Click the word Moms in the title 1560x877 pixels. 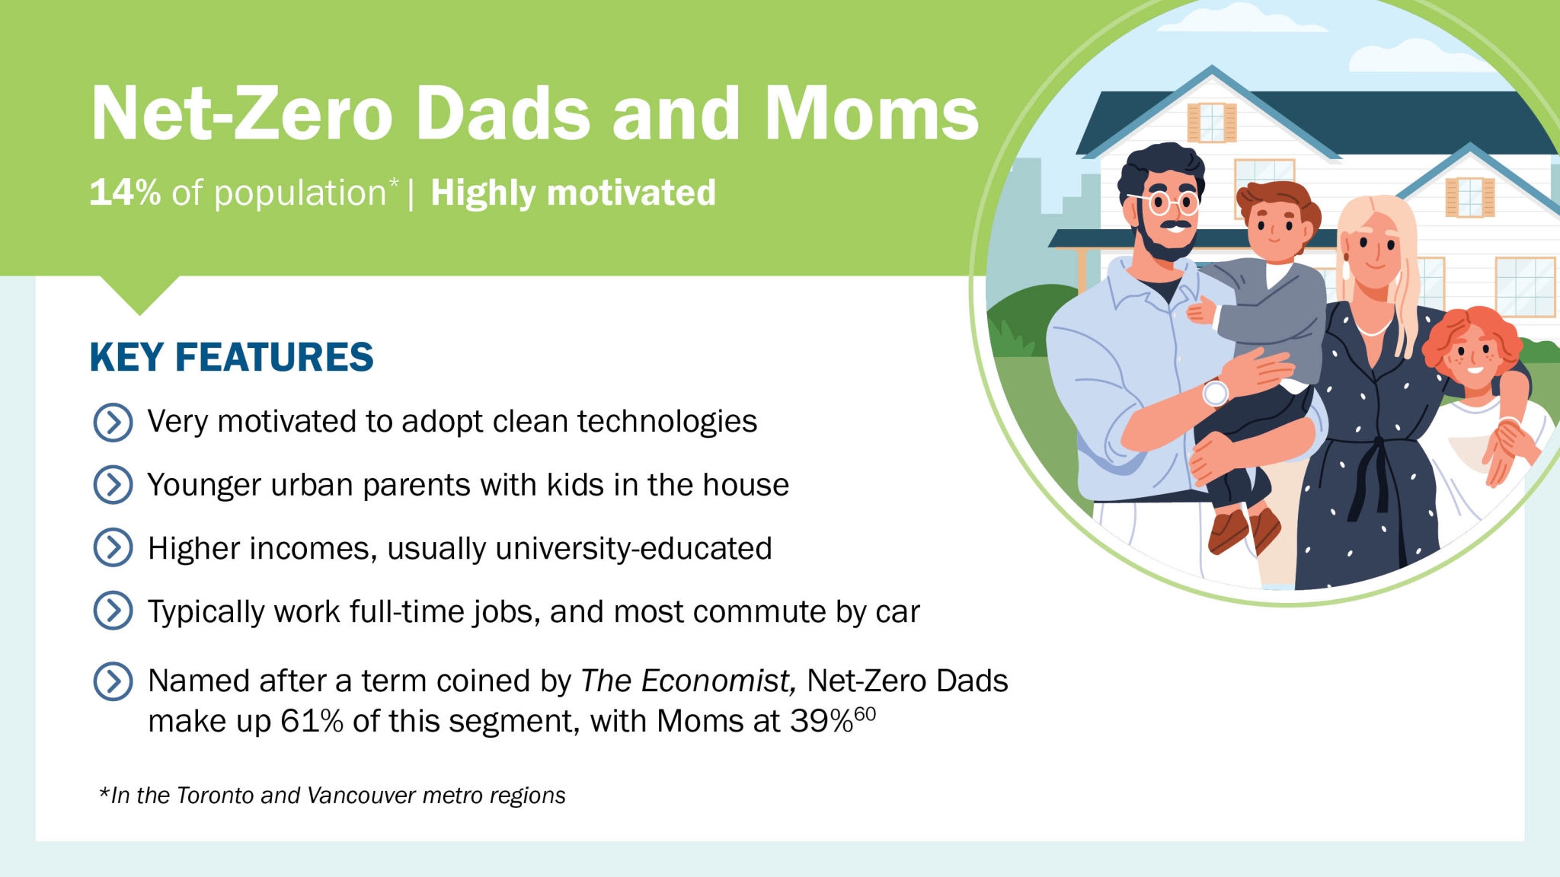[x=871, y=113]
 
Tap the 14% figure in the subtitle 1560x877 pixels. [x=125, y=193]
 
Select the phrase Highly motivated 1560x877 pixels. [x=574, y=193]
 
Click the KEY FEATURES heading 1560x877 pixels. [x=232, y=357]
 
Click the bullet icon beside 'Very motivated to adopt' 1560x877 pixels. [x=113, y=423]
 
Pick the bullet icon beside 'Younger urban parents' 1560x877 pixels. [x=113, y=485]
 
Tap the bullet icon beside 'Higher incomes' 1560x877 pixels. [x=113, y=548]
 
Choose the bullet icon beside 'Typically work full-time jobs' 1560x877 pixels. [x=113, y=611]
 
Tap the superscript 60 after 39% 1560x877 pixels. [x=865, y=714]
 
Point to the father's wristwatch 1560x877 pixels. [x=1216, y=393]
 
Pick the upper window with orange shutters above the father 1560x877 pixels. [x=1212, y=122]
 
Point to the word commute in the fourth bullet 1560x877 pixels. [x=757, y=612]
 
